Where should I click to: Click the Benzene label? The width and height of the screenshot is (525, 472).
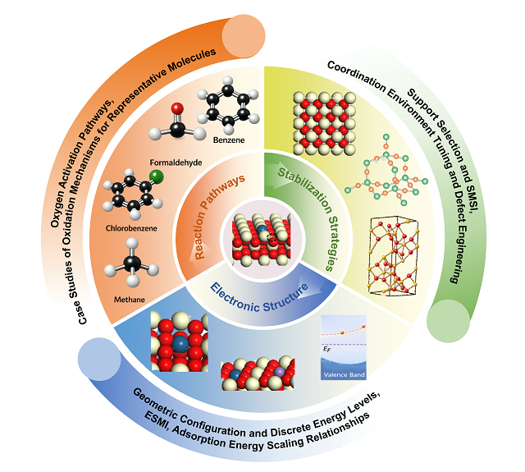click(229, 140)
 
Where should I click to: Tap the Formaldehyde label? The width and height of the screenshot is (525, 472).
click(176, 163)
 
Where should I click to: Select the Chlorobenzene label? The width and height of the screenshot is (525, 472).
click(131, 228)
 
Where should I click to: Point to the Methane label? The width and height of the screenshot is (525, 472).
click(130, 300)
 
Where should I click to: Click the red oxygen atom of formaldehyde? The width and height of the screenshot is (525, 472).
click(177, 108)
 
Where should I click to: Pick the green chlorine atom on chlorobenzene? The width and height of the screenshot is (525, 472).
click(157, 176)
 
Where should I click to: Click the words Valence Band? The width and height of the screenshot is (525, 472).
click(344, 375)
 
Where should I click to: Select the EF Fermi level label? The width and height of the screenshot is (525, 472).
click(326, 350)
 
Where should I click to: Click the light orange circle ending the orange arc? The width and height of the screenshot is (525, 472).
click(244, 36)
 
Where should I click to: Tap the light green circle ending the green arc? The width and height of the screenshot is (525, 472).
click(448, 321)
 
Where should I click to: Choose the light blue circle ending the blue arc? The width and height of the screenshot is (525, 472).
click(99, 359)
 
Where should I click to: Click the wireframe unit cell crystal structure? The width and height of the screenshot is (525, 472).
click(394, 255)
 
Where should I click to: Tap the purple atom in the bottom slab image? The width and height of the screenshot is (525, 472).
click(279, 372)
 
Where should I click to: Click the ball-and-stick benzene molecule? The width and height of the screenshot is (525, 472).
click(228, 104)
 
